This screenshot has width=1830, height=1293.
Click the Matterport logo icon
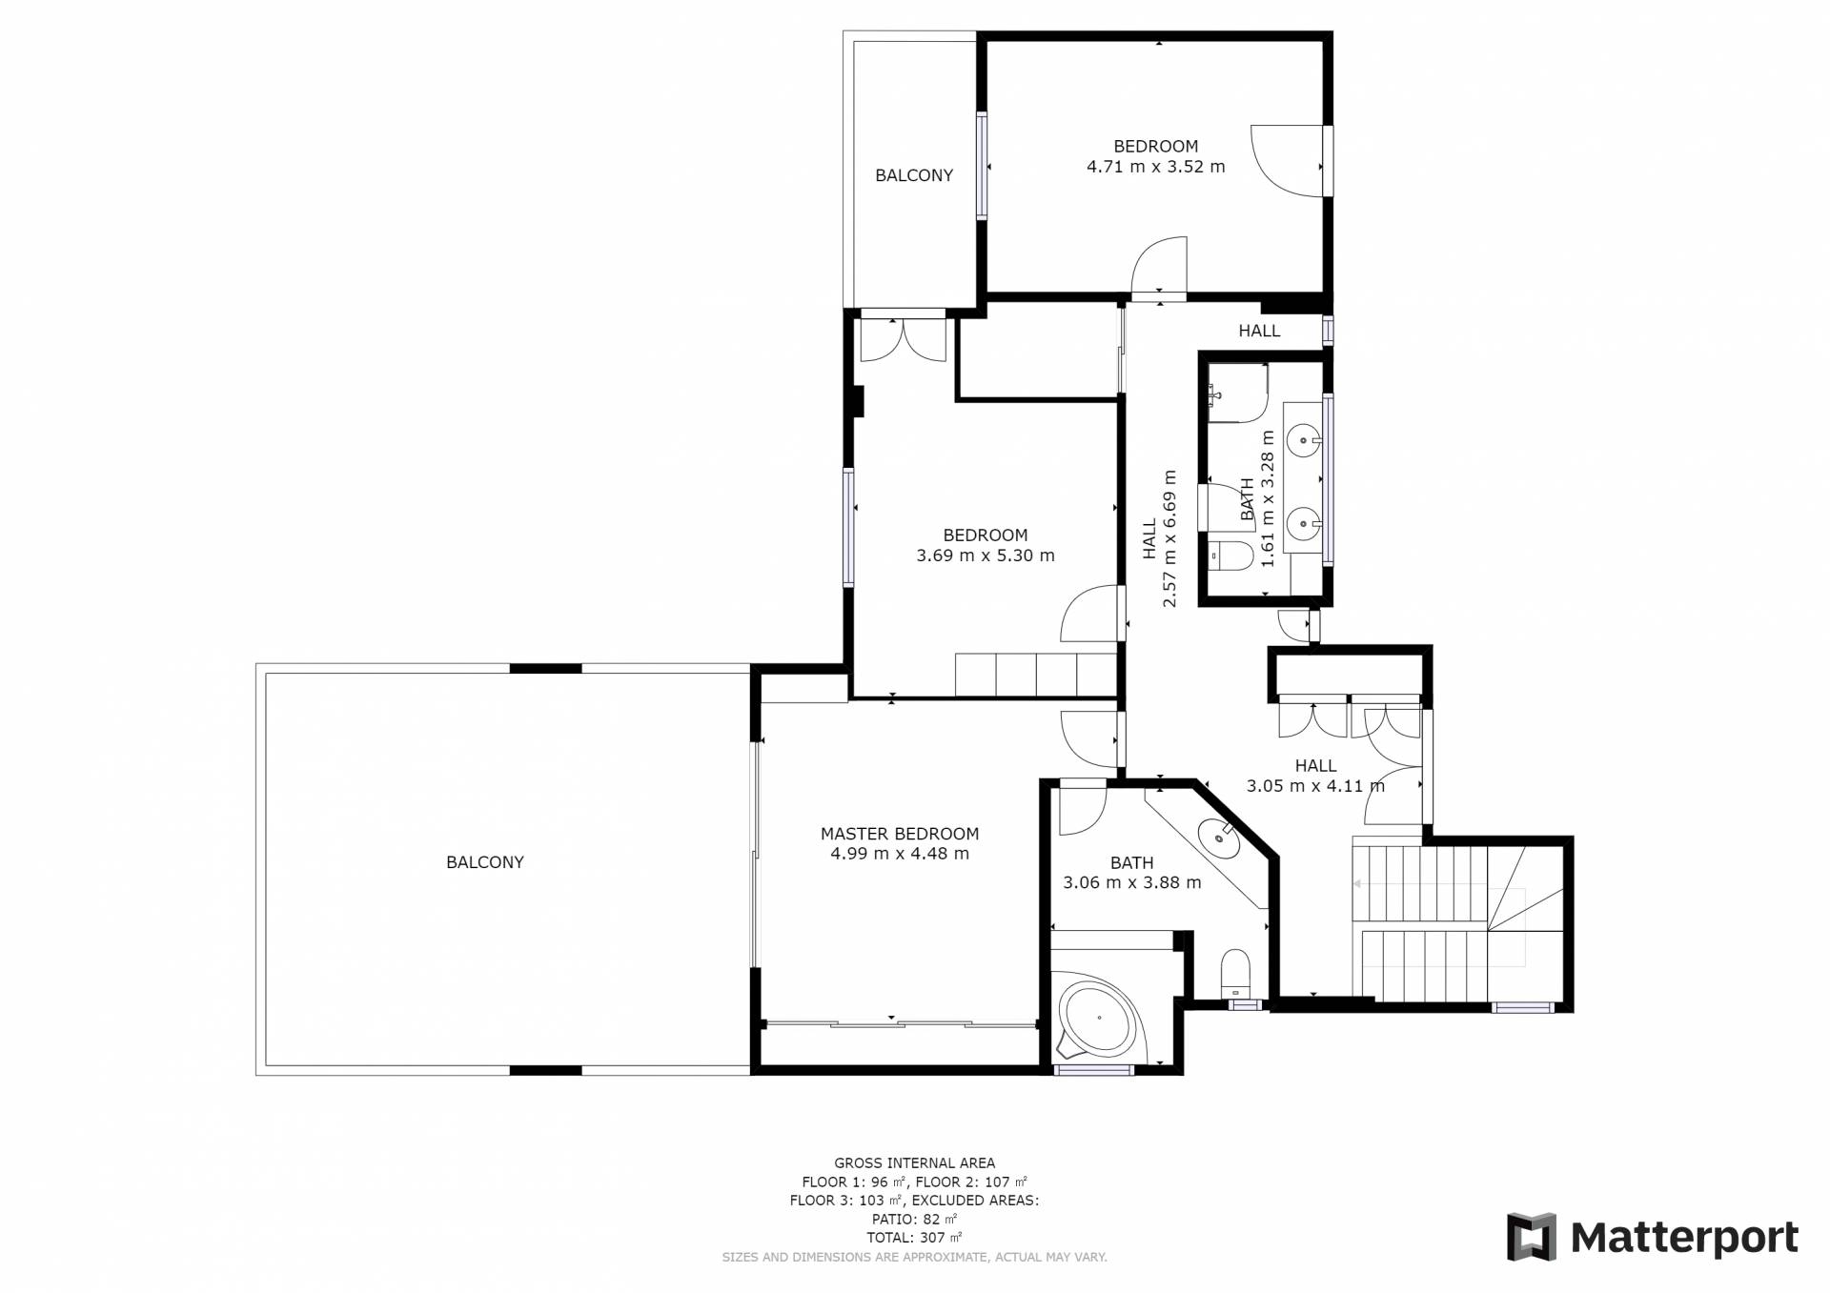(x=1531, y=1237)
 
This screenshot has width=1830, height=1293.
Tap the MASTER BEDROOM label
(x=900, y=834)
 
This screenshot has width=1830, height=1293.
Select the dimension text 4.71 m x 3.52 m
(x=1156, y=167)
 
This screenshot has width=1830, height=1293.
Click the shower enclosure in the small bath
(x=1237, y=392)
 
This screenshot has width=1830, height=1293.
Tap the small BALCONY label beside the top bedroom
(x=914, y=175)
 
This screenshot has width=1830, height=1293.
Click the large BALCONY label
(x=485, y=862)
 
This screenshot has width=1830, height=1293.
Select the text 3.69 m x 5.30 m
(x=986, y=556)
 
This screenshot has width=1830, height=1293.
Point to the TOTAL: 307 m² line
(x=914, y=1238)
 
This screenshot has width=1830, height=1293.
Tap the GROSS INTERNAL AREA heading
(x=915, y=1162)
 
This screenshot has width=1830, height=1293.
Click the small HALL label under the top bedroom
(x=1259, y=332)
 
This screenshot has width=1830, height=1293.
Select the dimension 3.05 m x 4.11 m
(x=1315, y=786)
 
